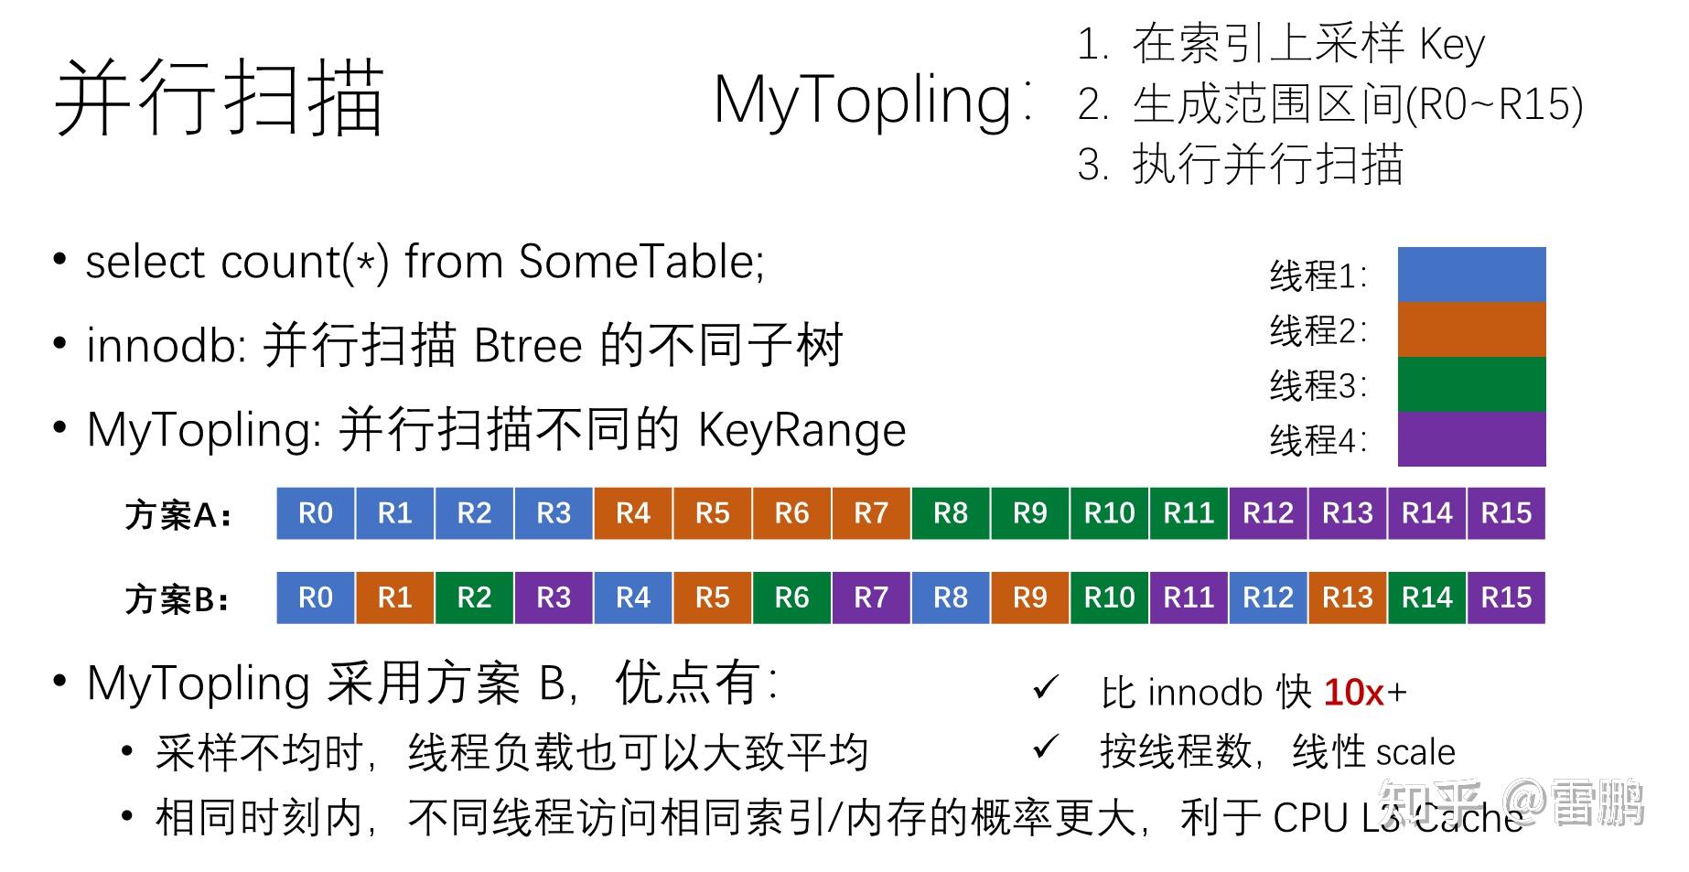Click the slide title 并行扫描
tap(220, 99)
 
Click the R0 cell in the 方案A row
tap(316, 513)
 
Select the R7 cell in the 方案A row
tap(871, 513)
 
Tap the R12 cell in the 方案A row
tap(1268, 513)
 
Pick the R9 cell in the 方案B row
tap(1029, 597)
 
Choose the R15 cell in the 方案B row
tap(1506, 597)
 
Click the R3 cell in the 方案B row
tap(554, 597)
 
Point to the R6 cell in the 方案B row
tap(791, 597)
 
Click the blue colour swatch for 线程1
tap(1471, 275)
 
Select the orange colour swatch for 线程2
tap(1471, 329)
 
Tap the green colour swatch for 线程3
tap(1471, 384)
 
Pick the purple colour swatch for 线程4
tap(1471, 439)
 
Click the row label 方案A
tap(178, 515)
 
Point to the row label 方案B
tap(178, 599)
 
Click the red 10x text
tap(1354, 693)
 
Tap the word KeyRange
tap(801, 430)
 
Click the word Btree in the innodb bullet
tap(528, 346)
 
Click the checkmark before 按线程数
tap(1045, 748)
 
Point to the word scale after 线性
tap(1413, 752)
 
